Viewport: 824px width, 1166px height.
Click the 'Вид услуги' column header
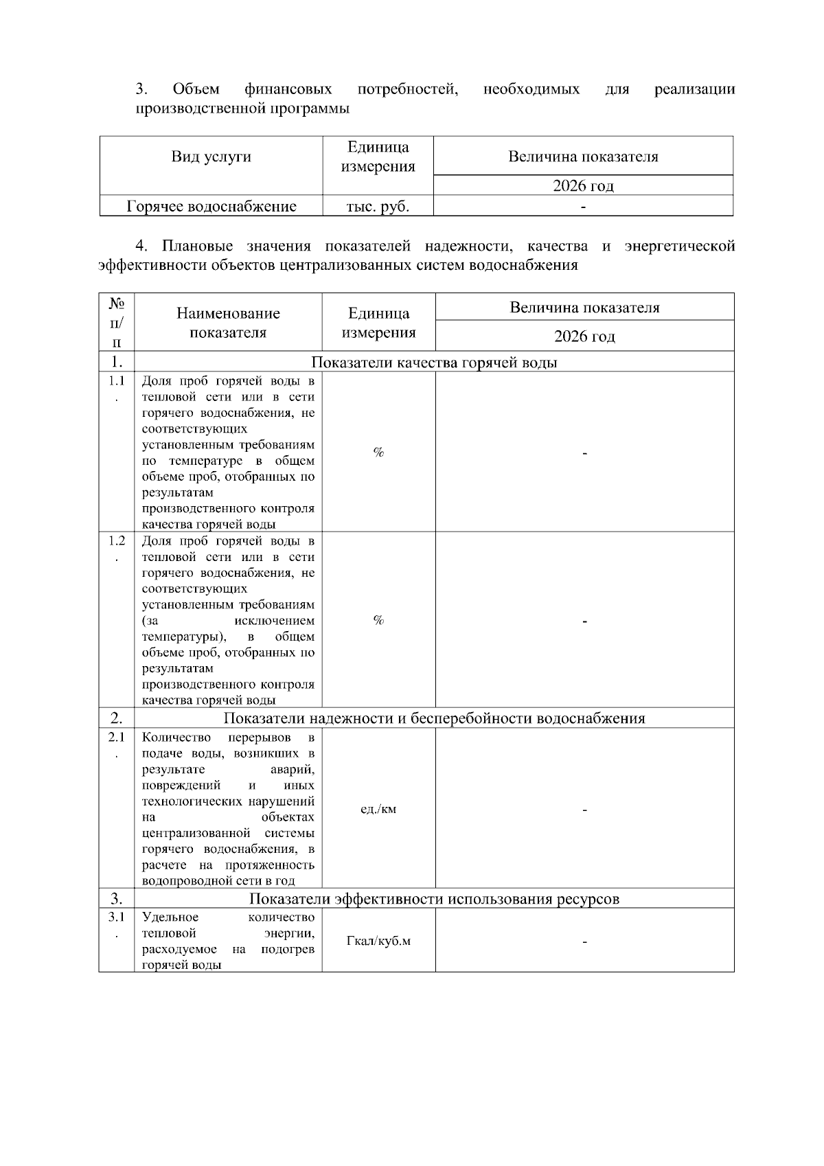[211, 157]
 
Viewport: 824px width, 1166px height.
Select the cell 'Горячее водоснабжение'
[211, 207]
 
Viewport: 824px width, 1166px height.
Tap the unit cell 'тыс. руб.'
[378, 207]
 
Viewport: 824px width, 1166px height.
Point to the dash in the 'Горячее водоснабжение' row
[583, 207]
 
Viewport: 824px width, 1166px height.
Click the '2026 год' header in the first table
[583, 186]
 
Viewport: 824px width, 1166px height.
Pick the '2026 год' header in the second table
[584, 336]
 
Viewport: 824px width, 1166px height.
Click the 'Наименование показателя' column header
[228, 323]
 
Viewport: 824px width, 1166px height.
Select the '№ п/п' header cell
[117, 322]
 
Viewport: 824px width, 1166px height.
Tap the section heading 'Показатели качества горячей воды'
[434, 363]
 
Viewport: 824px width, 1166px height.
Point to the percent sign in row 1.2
[378, 620]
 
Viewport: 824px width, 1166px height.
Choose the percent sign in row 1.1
[378, 452]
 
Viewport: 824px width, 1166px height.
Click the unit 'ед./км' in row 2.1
[378, 809]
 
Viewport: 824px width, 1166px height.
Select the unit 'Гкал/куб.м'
[378, 941]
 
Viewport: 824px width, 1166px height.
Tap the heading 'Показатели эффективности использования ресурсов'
[434, 899]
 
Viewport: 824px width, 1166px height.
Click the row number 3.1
[117, 917]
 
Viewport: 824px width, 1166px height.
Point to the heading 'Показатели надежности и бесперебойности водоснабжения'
[434, 718]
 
